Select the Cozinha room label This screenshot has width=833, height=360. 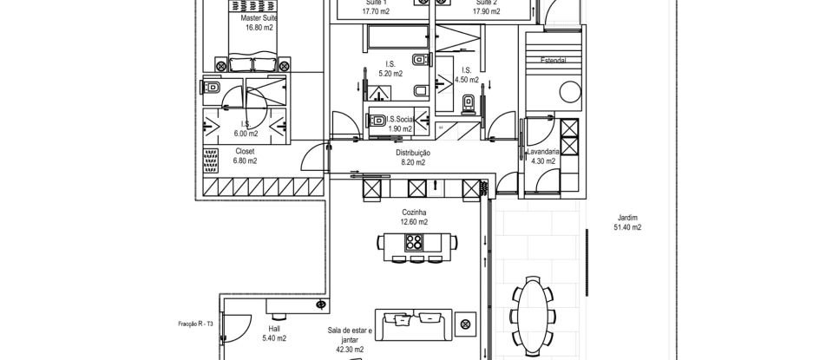[414, 212]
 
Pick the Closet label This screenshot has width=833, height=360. [246, 151]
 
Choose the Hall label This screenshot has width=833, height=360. [274, 329]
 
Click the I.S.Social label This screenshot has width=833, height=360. [401, 119]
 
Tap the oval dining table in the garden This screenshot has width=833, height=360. [533, 311]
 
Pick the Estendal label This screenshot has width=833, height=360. [554, 62]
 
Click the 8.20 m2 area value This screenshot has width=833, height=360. [414, 162]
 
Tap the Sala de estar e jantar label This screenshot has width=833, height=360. [349, 335]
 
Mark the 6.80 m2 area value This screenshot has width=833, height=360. [246, 160]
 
